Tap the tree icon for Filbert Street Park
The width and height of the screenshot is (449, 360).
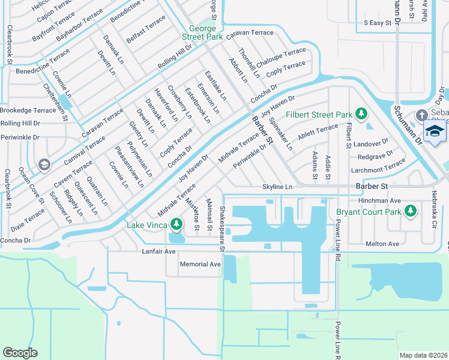click(361, 113)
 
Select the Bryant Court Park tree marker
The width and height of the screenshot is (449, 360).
click(411, 211)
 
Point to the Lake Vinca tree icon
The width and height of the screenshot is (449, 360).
click(176, 224)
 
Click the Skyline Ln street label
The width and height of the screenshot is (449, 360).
click(277, 187)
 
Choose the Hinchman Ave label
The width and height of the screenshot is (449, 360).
click(379, 200)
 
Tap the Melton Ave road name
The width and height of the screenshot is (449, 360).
click(382, 244)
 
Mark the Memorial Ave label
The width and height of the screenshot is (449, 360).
click(200, 264)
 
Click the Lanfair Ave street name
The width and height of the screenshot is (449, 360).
click(158, 251)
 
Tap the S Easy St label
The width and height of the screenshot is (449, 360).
click(378, 23)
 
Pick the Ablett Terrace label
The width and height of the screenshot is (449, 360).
click(318, 131)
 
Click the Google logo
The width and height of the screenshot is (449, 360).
click(20, 353)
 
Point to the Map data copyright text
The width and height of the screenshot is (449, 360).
click(423, 355)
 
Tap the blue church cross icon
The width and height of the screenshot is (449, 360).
click(421, 115)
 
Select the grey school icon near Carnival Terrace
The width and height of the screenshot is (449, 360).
click(43, 164)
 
